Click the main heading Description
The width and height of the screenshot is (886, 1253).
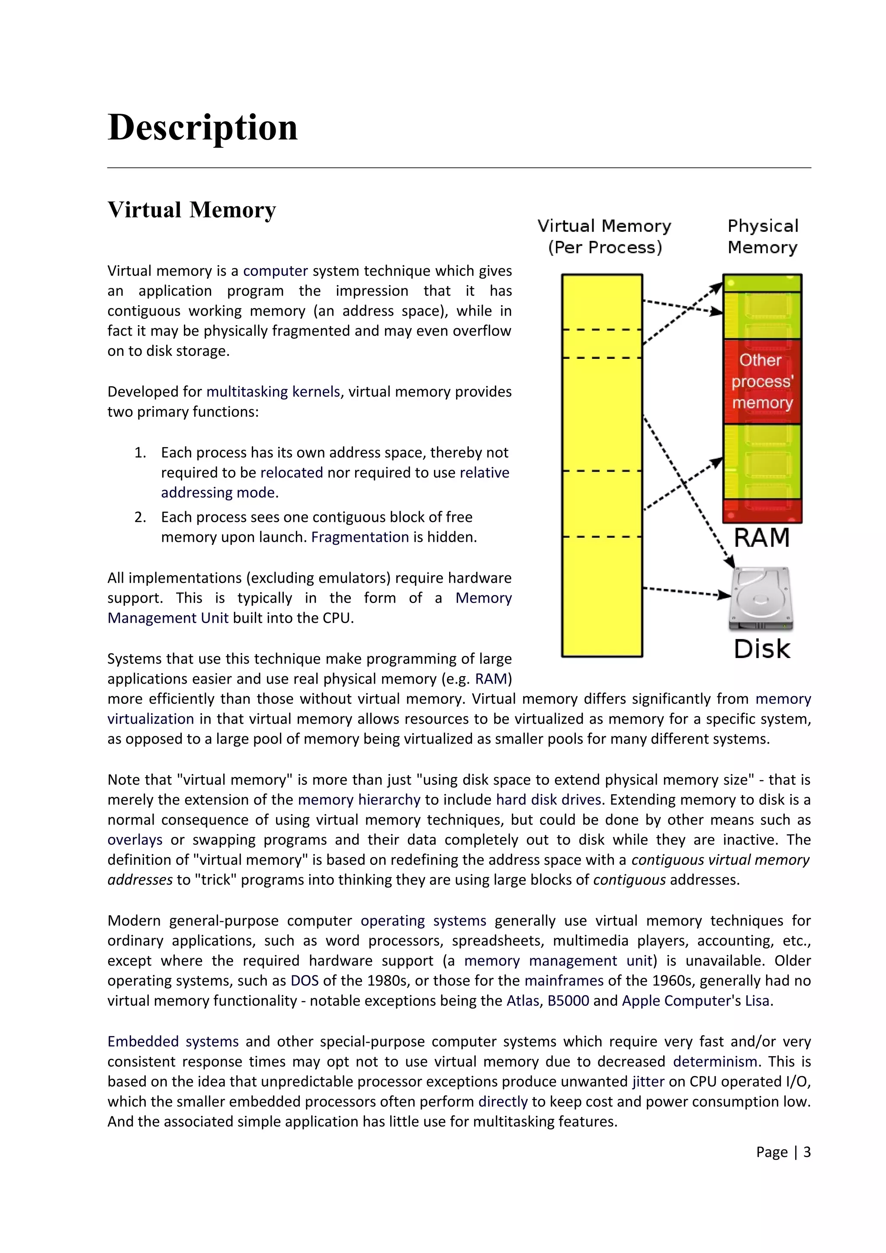(202, 128)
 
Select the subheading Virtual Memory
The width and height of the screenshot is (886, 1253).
(192, 210)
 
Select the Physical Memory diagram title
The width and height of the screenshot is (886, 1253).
(763, 237)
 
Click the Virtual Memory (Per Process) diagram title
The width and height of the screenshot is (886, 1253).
(604, 237)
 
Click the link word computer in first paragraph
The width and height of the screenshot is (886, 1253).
(276, 271)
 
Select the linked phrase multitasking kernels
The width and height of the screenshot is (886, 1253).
(273, 392)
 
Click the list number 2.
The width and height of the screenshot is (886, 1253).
(140, 518)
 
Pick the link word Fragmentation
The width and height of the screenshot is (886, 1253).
(360, 537)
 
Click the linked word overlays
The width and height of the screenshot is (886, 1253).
(135, 840)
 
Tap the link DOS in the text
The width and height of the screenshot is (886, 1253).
(305, 981)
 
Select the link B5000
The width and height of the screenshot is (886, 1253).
(568, 1001)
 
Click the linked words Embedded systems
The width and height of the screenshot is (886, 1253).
(173, 1042)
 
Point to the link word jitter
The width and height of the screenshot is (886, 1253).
(648, 1082)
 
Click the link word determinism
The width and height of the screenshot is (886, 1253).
(715, 1062)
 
